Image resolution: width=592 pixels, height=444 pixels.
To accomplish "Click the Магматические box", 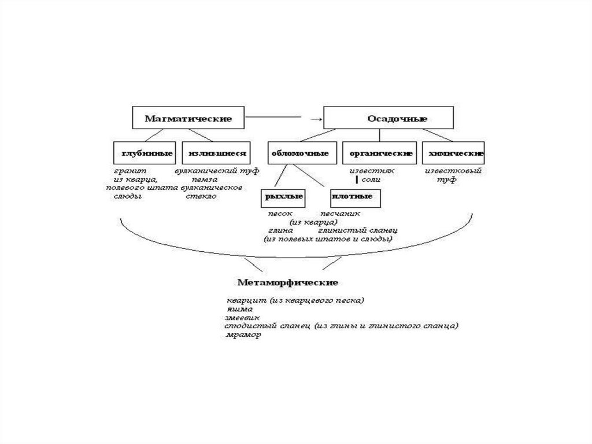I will (188, 118).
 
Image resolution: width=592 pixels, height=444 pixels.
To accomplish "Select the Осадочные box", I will (388, 118).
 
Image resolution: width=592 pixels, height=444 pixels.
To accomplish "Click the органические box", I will (380, 153).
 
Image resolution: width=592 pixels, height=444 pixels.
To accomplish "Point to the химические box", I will (453, 153).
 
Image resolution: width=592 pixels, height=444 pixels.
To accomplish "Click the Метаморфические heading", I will (287, 282).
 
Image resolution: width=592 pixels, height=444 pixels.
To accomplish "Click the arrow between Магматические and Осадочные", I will (314, 119).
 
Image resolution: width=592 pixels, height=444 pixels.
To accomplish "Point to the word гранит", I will (130, 171).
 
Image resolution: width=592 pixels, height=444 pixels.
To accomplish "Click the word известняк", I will (371, 171).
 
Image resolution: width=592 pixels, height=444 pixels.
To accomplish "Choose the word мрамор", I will (243, 336).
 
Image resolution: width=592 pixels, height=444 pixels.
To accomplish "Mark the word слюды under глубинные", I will (128, 197).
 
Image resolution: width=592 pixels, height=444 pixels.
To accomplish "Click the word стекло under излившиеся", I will (201, 197).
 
